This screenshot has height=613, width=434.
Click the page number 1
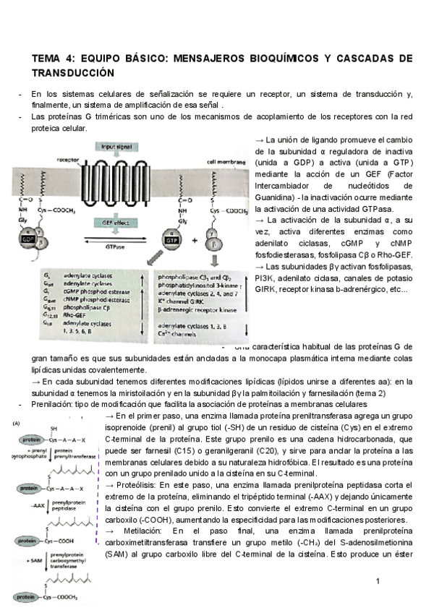pos(378,582)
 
